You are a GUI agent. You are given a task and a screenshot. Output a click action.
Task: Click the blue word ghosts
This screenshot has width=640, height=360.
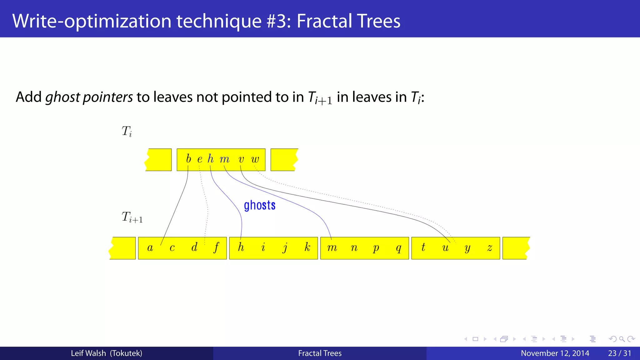coord(259,205)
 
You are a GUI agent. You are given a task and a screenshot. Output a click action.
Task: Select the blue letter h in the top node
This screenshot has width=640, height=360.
coord(211,159)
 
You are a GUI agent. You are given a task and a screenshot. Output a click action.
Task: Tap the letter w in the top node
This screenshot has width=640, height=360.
coord(255,159)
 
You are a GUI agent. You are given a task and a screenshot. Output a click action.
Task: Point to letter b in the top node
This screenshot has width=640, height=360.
coord(188,159)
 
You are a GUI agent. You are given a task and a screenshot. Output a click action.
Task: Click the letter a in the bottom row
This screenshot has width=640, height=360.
coord(150,248)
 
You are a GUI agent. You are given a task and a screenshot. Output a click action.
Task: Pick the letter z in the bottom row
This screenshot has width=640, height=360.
coord(490,248)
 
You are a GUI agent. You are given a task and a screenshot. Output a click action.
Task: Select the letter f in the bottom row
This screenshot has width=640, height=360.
coord(216,247)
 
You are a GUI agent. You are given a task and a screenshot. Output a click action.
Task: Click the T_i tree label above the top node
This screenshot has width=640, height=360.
coord(127,131)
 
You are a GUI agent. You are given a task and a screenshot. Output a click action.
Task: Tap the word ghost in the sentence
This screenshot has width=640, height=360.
coord(62,97)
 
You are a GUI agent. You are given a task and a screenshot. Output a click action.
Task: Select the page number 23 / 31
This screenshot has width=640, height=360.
coord(619,353)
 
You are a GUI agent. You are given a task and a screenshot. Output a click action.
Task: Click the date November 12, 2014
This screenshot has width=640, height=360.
coord(555,353)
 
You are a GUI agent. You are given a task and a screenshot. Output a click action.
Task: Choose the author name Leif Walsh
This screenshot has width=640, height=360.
coord(88,353)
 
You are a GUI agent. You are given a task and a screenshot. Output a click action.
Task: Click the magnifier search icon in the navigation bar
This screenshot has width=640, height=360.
coord(622,339)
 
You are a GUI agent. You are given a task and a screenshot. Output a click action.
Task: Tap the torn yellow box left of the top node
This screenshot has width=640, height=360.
coord(159,160)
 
